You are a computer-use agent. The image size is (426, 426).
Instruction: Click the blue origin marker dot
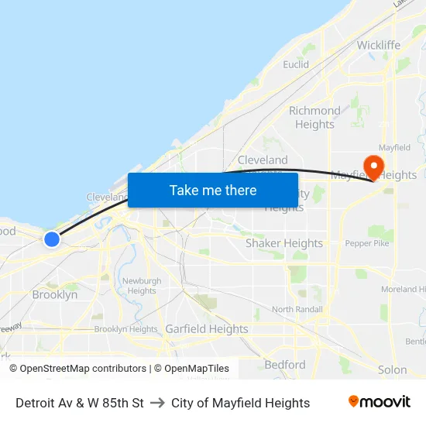(x=52, y=239)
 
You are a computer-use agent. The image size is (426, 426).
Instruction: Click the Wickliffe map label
(x=378, y=45)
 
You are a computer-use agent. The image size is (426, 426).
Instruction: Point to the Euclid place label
(x=296, y=64)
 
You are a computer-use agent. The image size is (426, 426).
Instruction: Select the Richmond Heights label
(x=314, y=118)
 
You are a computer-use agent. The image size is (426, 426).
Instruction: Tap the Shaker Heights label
(x=283, y=243)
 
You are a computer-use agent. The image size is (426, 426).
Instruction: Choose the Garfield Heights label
(x=207, y=329)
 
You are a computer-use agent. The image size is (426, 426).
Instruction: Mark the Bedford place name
(x=285, y=365)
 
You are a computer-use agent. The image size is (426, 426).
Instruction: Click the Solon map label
(x=392, y=370)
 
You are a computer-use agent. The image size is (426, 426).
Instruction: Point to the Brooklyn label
(x=54, y=295)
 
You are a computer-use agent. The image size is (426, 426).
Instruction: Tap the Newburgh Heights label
(x=141, y=286)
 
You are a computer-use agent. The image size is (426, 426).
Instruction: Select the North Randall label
(x=297, y=310)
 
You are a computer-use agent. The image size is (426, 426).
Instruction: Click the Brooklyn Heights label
(x=125, y=329)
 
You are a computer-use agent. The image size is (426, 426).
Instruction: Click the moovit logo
(x=380, y=402)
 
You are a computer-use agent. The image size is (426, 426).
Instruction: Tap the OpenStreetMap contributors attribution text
(x=83, y=369)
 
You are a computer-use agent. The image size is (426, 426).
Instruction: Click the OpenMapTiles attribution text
(x=195, y=369)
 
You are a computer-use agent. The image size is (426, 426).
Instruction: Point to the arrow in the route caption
(x=157, y=403)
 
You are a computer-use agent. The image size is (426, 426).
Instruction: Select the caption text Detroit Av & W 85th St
(x=80, y=403)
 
